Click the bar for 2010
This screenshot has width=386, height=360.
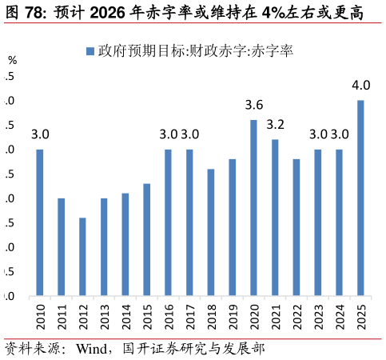40,223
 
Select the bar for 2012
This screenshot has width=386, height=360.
82,257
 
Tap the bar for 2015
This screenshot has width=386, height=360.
147,240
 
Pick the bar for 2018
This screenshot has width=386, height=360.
211,233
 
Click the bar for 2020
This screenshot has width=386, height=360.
253,208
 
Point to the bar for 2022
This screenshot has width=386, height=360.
296,228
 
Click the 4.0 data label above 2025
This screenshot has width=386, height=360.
360,86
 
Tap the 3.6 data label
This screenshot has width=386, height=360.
253,105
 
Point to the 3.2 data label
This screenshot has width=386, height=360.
275,125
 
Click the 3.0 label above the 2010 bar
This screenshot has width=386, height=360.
40,134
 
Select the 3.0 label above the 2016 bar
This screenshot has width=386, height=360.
169,134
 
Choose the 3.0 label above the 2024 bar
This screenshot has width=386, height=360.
340,134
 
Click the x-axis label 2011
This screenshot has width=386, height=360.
62,314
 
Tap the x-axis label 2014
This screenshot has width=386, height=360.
125,314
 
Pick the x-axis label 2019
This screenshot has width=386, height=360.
233,314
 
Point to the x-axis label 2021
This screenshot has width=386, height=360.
275,314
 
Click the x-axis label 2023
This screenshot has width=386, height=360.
318,314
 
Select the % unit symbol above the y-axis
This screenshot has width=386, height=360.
12,60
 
